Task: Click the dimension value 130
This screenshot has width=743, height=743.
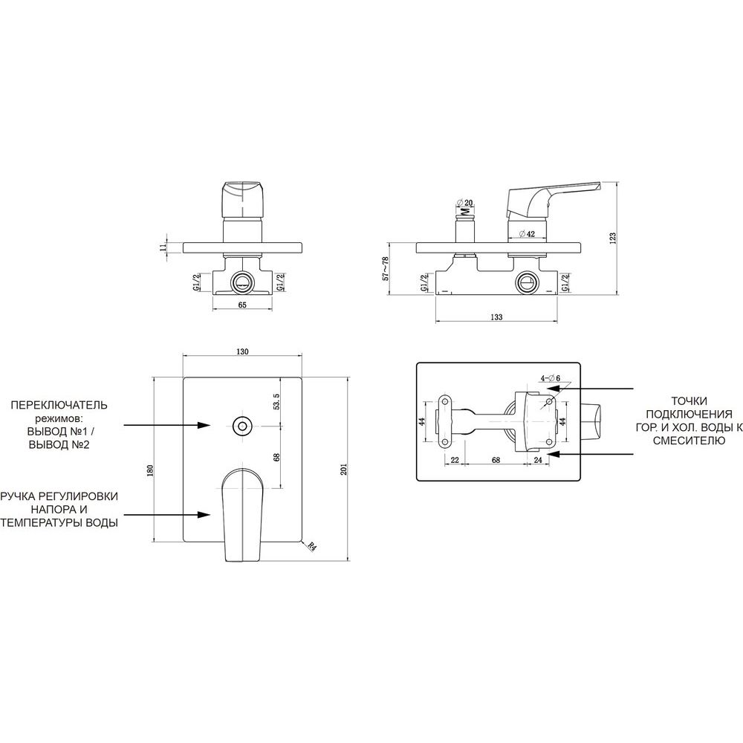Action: [x=242, y=351]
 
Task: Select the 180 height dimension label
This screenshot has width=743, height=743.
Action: [x=151, y=470]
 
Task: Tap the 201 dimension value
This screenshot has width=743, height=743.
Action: [x=344, y=469]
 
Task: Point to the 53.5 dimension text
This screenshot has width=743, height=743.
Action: [x=276, y=401]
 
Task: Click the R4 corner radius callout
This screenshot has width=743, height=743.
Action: [x=311, y=546]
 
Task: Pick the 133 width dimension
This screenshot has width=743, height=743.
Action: [x=496, y=317]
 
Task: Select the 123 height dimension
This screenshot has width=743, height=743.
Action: [x=612, y=237]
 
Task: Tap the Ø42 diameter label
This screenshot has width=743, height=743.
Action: [x=527, y=233]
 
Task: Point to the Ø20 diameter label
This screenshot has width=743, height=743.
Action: [x=465, y=203]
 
